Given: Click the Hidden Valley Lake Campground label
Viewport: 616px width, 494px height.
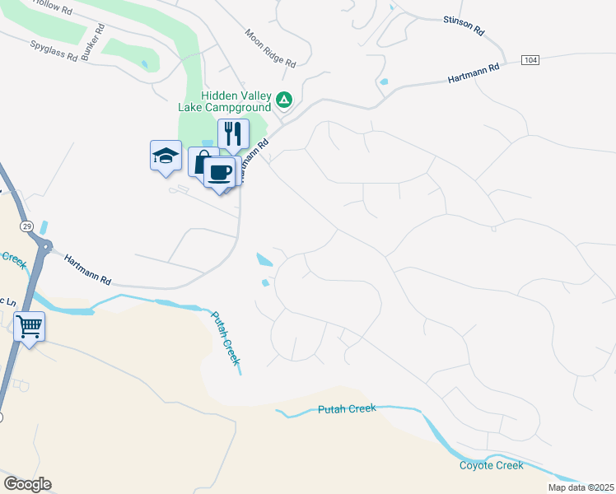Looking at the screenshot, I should click(x=225, y=101).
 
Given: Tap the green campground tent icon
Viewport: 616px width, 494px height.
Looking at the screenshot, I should click(x=284, y=100).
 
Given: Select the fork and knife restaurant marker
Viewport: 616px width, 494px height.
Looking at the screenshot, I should click(x=233, y=133).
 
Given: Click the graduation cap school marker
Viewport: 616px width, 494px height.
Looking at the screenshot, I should click(x=165, y=155).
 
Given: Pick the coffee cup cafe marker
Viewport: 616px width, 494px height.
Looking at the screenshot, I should click(x=219, y=173).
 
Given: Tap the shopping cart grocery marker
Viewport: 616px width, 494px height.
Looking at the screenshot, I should click(x=29, y=327).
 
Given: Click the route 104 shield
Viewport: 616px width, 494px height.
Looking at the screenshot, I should click(x=532, y=61).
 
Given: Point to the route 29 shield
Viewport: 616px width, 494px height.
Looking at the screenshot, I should click(x=27, y=226).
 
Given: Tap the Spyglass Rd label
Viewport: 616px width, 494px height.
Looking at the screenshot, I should click(x=54, y=52).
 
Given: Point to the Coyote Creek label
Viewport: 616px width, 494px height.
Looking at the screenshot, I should click(x=491, y=465).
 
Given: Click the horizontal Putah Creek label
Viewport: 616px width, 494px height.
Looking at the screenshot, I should click(x=347, y=408).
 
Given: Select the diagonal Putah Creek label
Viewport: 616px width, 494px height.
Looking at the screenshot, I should click(x=226, y=338).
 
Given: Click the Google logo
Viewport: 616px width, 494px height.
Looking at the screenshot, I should click(x=27, y=484).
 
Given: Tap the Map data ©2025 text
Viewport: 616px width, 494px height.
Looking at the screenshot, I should click(x=581, y=487).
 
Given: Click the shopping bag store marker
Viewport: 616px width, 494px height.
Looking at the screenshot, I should click(x=200, y=161).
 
